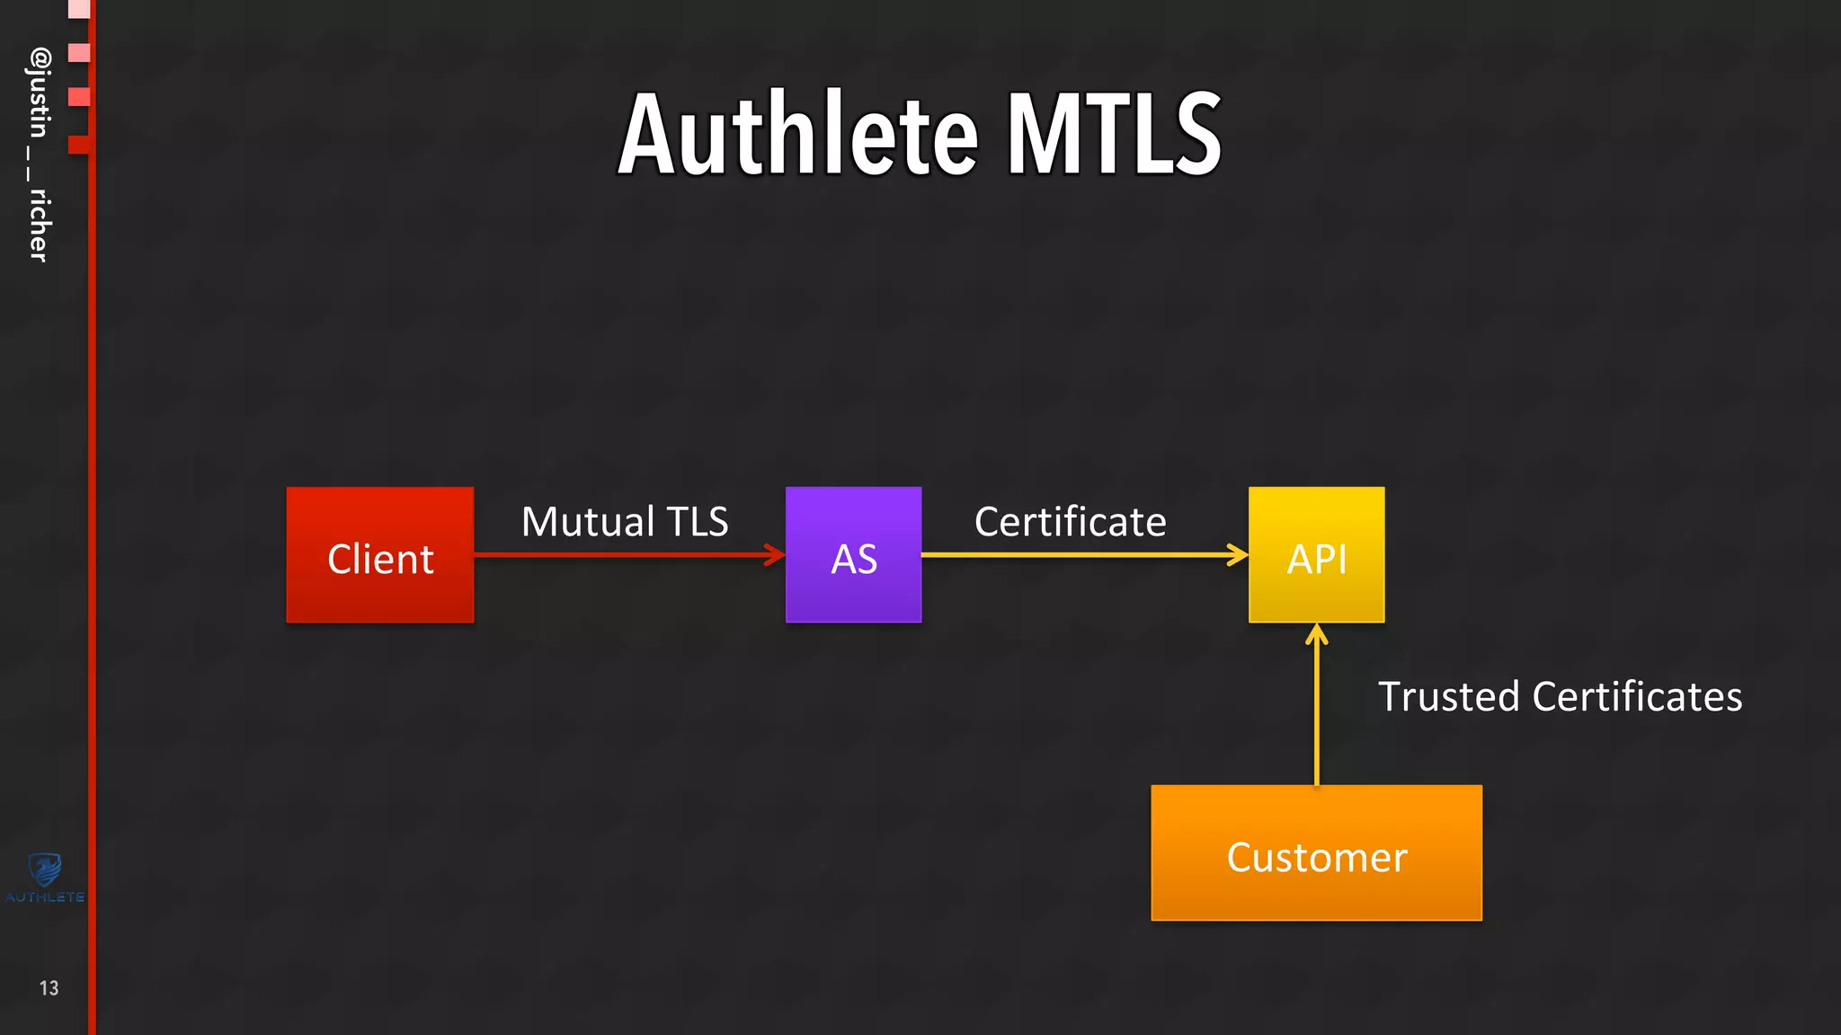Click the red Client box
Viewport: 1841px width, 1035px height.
[379, 554]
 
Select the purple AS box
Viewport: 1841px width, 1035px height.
[853, 554]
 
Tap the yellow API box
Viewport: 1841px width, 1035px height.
[1316, 554]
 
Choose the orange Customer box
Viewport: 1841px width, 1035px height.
[1316, 853]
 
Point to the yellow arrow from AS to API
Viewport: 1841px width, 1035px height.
[1079, 554]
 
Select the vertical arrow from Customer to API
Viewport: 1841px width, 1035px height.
[1316, 710]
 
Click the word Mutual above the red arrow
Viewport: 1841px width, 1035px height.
[588, 522]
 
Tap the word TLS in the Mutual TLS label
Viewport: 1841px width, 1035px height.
[698, 522]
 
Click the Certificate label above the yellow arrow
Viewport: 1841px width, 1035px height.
[1070, 522]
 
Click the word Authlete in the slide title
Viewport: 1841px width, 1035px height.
[797, 135]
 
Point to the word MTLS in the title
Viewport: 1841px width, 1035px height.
[1114, 135]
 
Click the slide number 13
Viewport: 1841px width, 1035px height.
[49, 988]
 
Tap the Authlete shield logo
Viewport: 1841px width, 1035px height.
[44, 870]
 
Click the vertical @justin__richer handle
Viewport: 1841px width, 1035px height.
[39, 155]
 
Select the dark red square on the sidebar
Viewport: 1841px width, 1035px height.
[78, 144]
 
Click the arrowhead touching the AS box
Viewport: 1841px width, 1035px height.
[777, 554]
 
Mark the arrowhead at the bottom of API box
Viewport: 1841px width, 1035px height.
[1316, 633]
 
